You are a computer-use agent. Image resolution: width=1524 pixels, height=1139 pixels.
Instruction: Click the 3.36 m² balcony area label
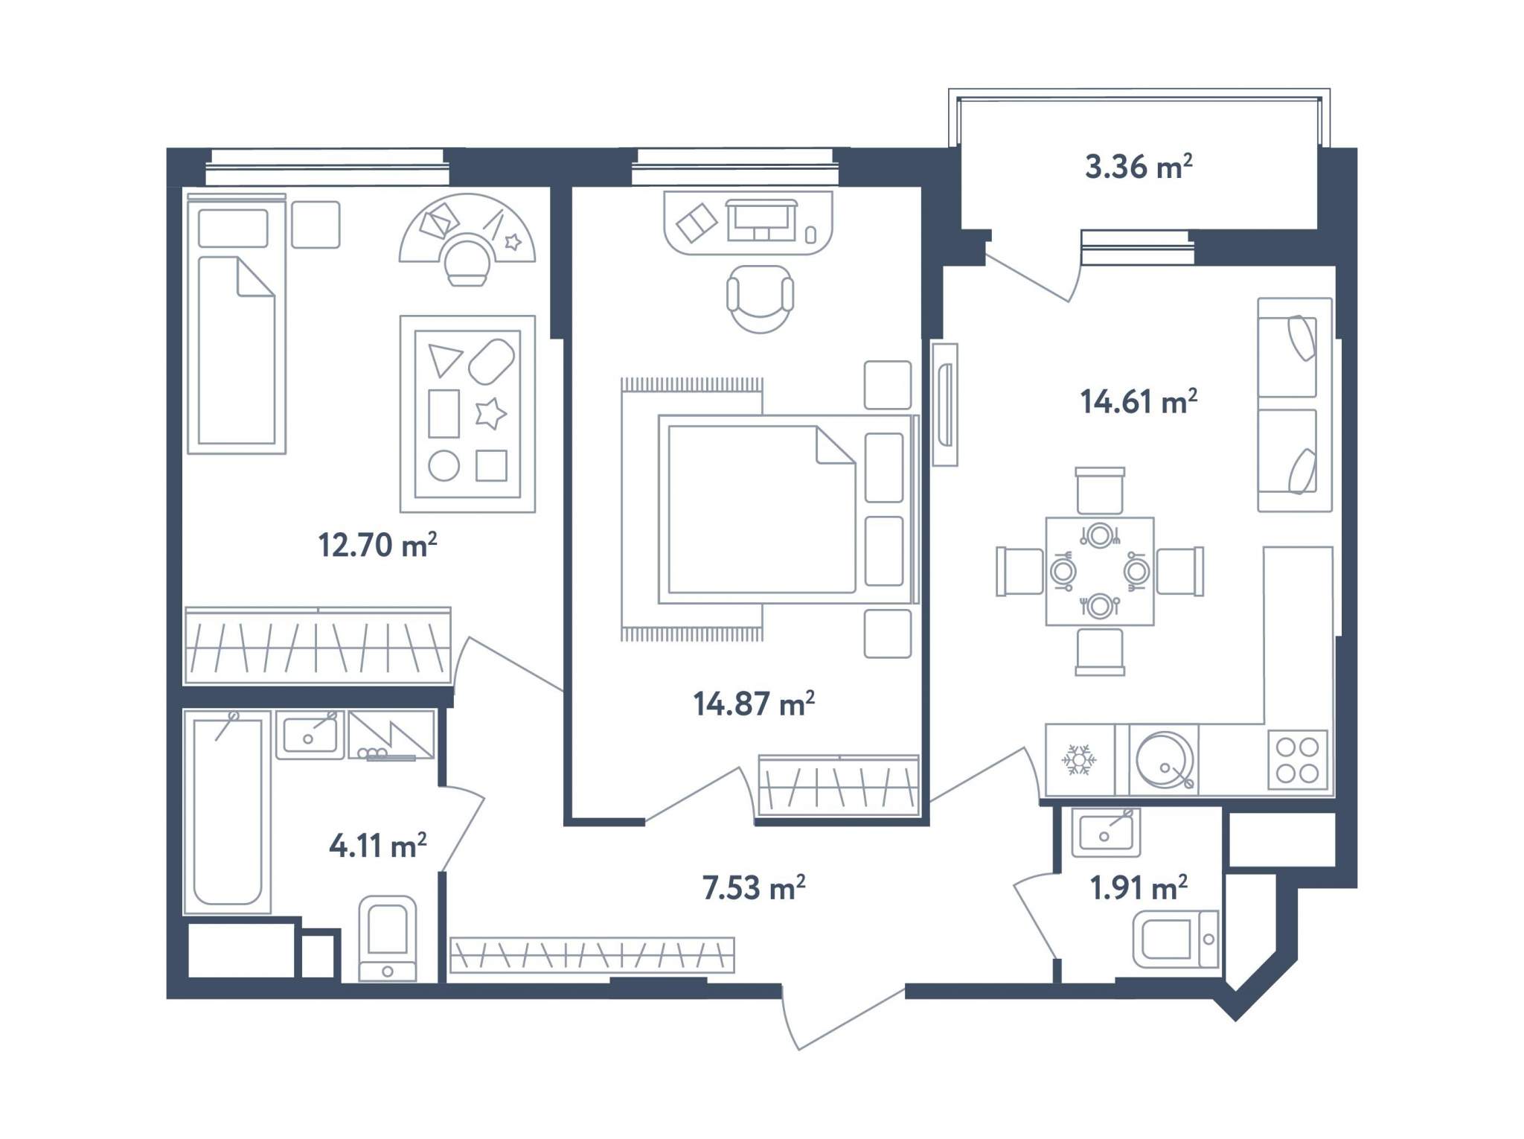coord(1139,167)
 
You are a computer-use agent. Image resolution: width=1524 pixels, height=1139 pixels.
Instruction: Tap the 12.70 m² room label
coord(377,545)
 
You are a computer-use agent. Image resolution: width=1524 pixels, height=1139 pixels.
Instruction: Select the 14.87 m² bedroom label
coord(754,703)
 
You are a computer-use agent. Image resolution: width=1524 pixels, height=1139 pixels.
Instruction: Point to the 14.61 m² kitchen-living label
coord(1139,402)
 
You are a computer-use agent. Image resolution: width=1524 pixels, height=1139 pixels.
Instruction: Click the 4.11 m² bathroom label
coord(377,846)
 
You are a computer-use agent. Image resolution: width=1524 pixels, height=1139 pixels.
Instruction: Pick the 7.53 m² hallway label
coord(754,887)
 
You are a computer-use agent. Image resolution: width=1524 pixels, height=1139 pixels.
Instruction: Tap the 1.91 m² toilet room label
coord(1139,887)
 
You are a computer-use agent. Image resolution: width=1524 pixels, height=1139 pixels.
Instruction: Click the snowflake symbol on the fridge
coord(1078,760)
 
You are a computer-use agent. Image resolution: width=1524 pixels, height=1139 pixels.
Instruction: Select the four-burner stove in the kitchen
coord(1297,760)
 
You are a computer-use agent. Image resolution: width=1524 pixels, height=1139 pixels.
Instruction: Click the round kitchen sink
coord(1165,760)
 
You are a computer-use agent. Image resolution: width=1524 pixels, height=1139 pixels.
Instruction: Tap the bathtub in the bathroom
coord(227,812)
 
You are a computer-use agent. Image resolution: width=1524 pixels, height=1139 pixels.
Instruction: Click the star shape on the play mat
coord(490,413)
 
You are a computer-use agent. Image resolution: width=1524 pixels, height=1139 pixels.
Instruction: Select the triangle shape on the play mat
coord(445,360)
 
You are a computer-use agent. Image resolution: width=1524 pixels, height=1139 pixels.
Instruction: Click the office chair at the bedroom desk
coord(760,299)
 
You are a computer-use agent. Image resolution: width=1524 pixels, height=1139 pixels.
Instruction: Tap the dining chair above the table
coord(1100,491)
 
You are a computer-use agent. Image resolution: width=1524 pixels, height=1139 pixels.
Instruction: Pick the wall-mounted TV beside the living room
coord(945,404)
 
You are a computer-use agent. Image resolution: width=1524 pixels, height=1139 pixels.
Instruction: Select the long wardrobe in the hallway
coord(592,955)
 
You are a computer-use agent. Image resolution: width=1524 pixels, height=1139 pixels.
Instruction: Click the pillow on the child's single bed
coord(233,228)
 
